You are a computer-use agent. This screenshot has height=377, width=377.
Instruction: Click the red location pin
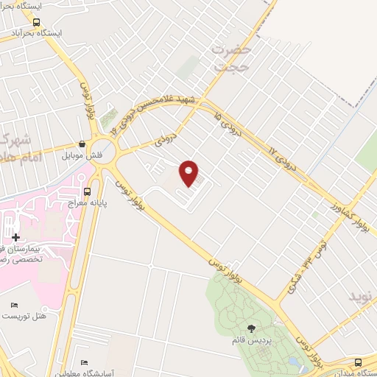(x=189, y=173)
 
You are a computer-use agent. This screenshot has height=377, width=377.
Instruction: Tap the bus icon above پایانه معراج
(x=88, y=191)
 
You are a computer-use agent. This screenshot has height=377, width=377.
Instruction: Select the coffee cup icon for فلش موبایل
(x=82, y=144)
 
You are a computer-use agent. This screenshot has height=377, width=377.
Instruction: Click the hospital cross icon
(x=16, y=237)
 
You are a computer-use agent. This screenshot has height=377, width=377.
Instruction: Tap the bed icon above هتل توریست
(x=13, y=305)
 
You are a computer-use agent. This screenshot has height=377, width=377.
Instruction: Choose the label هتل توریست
(x=24, y=315)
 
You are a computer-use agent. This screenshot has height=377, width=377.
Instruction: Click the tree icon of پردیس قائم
(x=251, y=329)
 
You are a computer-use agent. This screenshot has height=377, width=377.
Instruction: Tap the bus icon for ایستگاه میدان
(x=358, y=362)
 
